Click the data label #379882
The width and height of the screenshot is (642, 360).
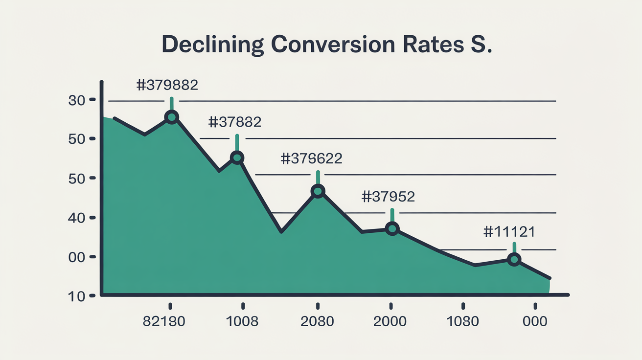(x=167, y=85)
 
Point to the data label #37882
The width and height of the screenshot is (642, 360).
(x=234, y=122)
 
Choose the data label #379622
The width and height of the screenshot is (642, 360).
(x=311, y=158)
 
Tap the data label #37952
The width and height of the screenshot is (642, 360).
(x=388, y=197)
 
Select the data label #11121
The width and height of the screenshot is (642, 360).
(x=509, y=232)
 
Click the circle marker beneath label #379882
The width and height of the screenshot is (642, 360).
(x=172, y=117)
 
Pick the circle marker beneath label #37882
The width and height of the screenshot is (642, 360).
(x=237, y=157)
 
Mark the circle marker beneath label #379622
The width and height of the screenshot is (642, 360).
(x=318, y=191)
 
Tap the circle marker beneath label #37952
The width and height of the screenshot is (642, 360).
(x=392, y=228)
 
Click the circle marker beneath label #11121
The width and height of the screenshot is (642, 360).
(x=514, y=260)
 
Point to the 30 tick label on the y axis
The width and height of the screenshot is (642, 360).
(x=77, y=100)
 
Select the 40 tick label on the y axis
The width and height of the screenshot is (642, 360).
(x=77, y=218)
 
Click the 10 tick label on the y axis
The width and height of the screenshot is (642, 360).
(x=77, y=296)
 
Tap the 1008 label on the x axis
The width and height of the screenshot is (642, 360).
(x=242, y=322)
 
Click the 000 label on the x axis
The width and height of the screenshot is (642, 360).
(x=534, y=322)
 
